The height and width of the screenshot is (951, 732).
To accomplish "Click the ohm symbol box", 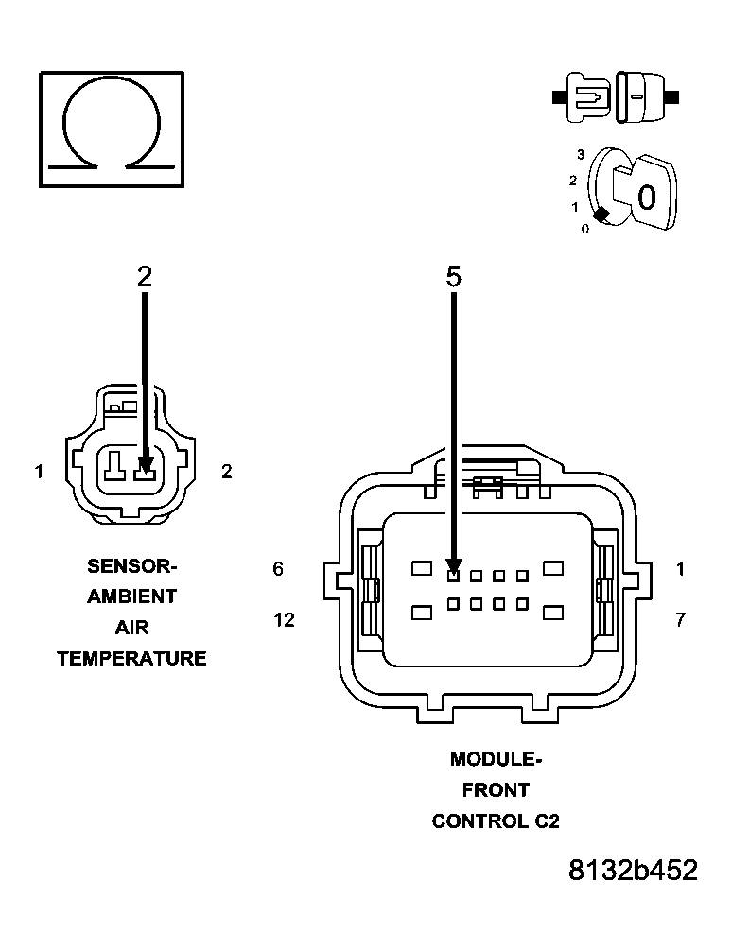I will coord(111,129).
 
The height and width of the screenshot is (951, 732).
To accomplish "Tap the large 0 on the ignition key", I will coord(646,198).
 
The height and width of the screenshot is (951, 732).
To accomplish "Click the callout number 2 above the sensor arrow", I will coord(144,276).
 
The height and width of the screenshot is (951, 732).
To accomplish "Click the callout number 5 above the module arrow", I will coord(454,276).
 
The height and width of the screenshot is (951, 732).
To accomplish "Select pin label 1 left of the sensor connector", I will coord(39,471).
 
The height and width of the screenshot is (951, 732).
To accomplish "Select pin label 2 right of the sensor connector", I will coord(227,471).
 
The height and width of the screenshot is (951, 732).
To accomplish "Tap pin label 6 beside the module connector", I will coord(278,569).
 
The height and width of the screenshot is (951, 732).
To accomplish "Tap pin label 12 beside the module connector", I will coord(283,620).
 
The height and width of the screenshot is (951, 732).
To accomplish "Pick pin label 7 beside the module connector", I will coord(680,620).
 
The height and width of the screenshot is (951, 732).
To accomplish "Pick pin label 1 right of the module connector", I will coord(680,569).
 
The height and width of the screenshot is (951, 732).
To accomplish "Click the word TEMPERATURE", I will coord(132,659).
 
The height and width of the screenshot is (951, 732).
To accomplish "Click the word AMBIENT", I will coord(132,597).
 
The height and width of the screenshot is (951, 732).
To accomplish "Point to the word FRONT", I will coord(496,790).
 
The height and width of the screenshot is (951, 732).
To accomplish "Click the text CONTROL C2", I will coord(496,821).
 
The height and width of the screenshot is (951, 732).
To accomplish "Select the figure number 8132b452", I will coord(633,871).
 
